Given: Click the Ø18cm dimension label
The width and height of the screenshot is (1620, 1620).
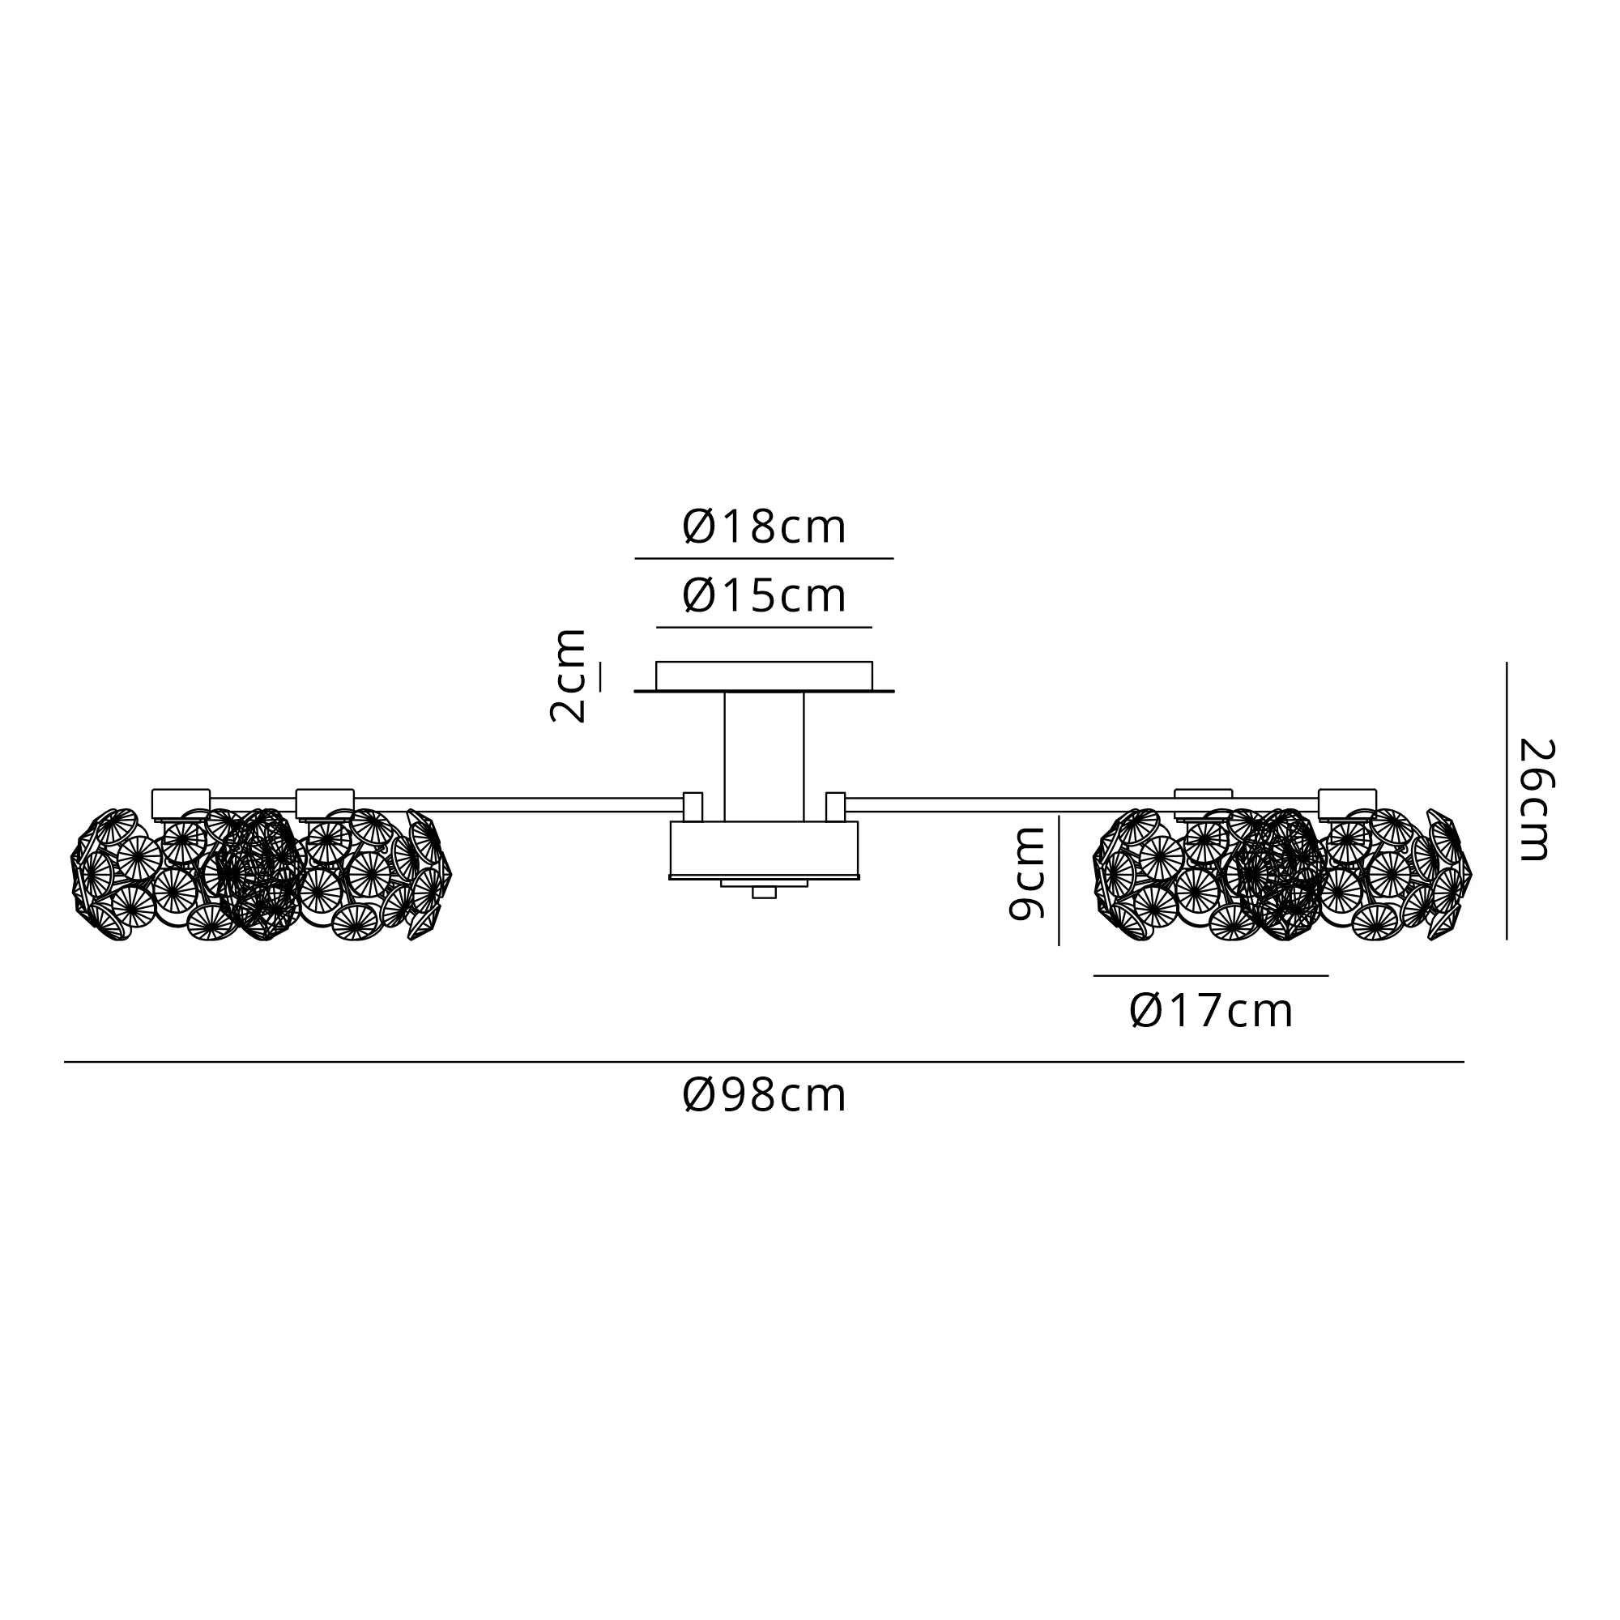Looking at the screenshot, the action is tap(764, 526).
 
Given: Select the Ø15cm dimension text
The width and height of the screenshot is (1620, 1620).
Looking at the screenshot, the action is tap(764, 595).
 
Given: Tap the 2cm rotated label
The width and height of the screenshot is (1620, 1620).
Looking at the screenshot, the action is tap(568, 675).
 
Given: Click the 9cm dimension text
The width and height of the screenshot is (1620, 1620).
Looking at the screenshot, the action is tap(1027, 874).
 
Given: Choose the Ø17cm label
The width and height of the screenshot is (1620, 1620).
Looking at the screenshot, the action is tap(1212, 1011).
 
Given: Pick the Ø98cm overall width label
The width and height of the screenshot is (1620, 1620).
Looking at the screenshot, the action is tap(764, 1095).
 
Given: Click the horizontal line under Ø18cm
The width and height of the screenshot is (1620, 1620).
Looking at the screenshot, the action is tap(764, 558).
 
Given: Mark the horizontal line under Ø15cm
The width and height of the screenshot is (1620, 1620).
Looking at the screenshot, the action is tap(764, 627).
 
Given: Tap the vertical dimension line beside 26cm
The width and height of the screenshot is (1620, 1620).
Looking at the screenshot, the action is tap(1507, 801).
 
